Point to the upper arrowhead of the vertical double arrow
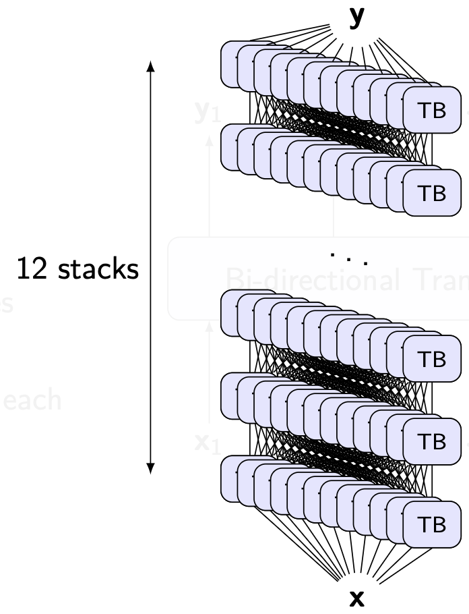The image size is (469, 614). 151,66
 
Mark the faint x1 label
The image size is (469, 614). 206,444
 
